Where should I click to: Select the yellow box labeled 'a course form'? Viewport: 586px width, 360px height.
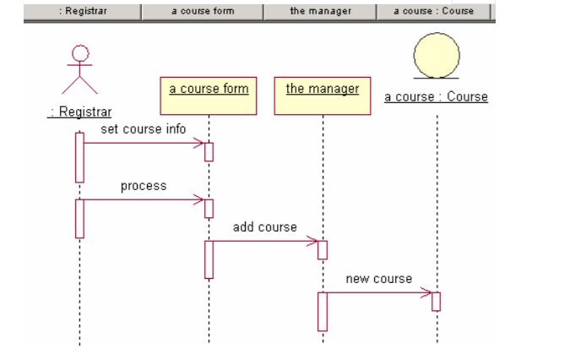(209, 95)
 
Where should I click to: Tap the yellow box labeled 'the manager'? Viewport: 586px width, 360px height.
(323, 95)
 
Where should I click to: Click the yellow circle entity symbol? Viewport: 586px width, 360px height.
(437, 56)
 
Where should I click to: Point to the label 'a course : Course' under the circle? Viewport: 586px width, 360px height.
(436, 97)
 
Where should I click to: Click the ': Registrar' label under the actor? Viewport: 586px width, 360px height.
(79, 112)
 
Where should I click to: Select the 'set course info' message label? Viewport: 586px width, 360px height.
(144, 129)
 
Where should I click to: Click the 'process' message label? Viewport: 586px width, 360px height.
(144, 186)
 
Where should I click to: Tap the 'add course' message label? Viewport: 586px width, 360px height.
(265, 227)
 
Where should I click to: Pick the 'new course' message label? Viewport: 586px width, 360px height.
(379, 279)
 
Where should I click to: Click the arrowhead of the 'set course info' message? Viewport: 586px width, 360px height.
(199, 144)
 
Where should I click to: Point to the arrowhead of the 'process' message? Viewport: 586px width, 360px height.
(199, 200)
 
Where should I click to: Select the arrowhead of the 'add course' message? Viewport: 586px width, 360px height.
(312, 242)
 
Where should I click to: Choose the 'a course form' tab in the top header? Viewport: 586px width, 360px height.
(203, 11)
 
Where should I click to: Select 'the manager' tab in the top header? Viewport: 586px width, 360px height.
(320, 11)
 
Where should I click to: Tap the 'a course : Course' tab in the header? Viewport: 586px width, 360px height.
(434, 11)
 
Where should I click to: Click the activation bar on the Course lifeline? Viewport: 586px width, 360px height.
(437, 302)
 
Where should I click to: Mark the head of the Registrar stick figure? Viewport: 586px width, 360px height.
(79, 53)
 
